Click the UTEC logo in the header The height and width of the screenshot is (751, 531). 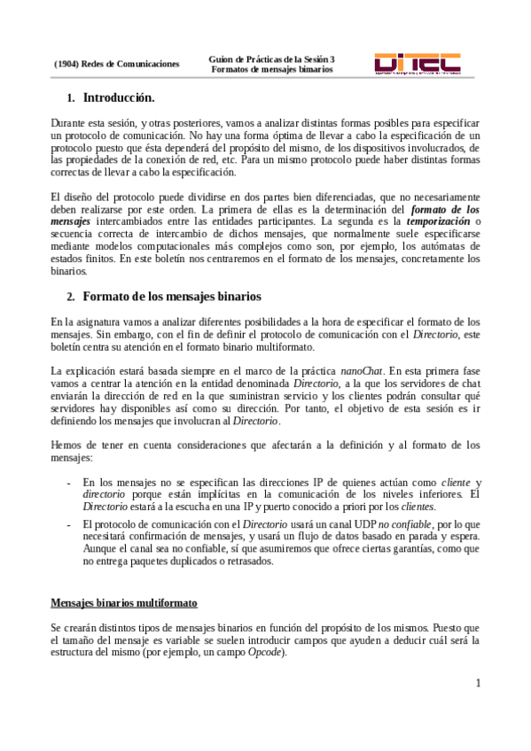click(417, 64)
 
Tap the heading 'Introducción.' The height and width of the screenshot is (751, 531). click(119, 97)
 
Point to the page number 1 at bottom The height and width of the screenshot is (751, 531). click(477, 682)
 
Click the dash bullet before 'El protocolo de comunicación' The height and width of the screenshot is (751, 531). click(69, 525)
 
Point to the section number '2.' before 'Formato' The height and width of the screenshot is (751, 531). click(71, 295)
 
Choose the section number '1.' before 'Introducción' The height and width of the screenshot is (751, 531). click(71, 97)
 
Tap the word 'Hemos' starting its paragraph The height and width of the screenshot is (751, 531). click(66, 445)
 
